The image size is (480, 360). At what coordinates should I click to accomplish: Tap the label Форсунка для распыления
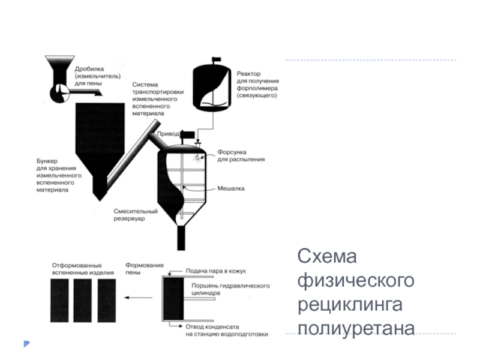(240, 156)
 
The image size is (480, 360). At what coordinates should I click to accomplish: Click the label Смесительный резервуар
(135, 215)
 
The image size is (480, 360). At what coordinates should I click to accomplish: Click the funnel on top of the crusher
(59, 64)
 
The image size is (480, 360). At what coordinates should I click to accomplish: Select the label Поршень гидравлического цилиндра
(229, 290)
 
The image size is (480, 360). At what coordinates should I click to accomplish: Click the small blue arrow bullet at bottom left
(26, 344)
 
